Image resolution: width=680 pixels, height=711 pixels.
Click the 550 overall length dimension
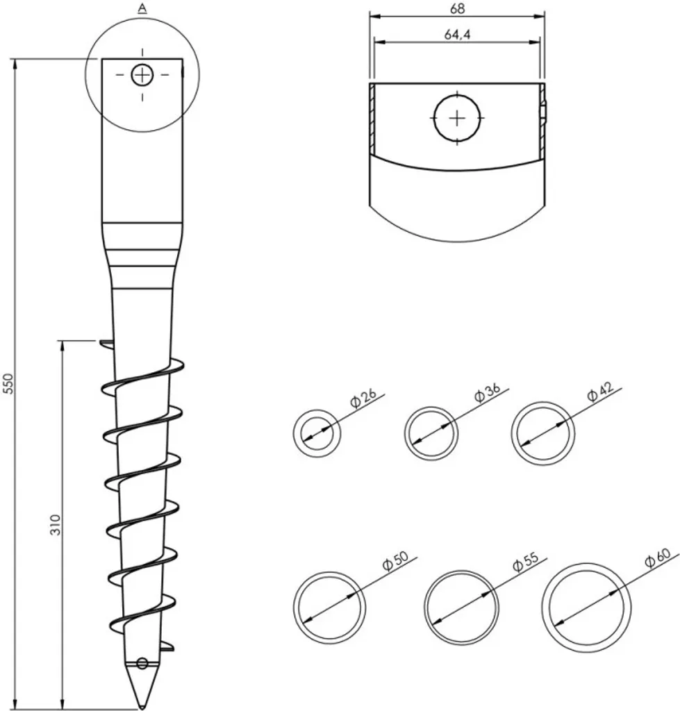[x=8, y=384]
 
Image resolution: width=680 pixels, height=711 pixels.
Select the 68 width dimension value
[x=456, y=8]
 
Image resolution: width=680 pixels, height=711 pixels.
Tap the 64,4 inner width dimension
[x=456, y=35]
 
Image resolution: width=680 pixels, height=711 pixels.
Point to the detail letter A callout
[x=142, y=8]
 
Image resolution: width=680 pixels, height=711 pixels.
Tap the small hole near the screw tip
[x=142, y=663]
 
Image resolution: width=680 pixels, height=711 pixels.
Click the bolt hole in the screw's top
[x=142, y=74]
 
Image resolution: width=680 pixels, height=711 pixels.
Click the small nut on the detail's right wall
[x=545, y=110]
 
